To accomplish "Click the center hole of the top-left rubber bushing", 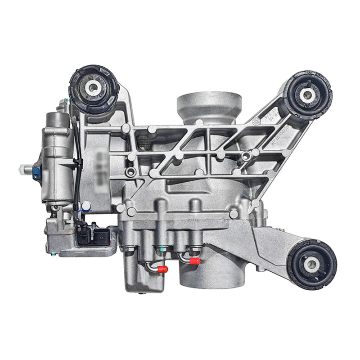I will (x=94, y=88).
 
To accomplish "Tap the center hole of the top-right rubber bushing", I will (x=307, y=94).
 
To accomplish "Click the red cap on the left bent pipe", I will (x=163, y=269).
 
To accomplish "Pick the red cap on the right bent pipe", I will (x=195, y=261).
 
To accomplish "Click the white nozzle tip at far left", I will (x=22, y=170).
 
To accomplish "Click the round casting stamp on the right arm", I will (x=258, y=121).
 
